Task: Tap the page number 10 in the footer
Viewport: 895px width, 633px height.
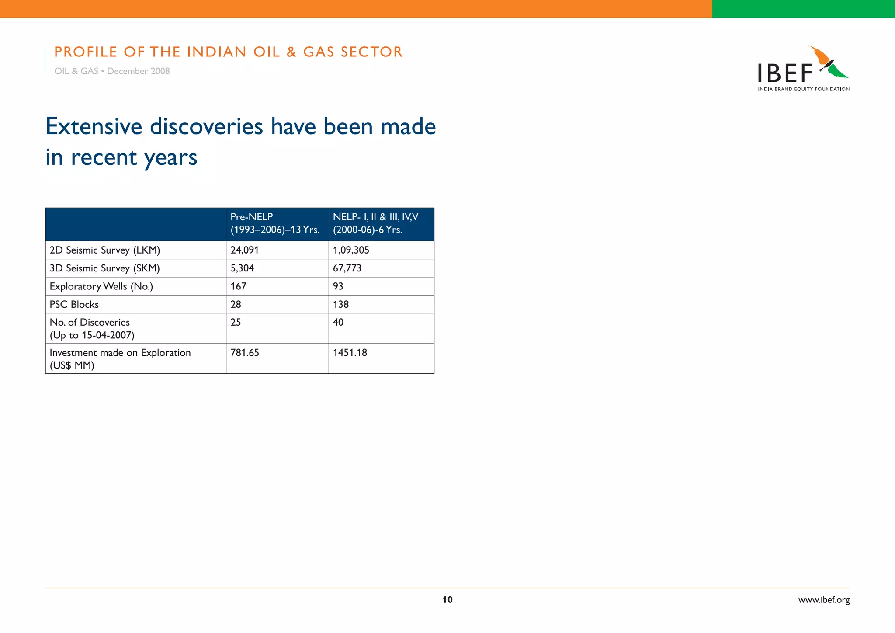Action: (x=447, y=599)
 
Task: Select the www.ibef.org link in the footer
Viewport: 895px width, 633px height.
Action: (x=824, y=600)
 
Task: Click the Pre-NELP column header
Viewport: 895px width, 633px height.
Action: (x=275, y=223)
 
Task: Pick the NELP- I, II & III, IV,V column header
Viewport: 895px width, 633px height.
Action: (x=375, y=223)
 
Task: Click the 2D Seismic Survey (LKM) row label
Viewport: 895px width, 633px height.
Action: (x=105, y=250)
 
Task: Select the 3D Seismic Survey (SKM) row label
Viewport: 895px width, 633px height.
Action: (x=105, y=268)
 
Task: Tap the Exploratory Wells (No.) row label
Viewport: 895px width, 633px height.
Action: (x=101, y=286)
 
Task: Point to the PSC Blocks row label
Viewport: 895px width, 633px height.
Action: (x=74, y=304)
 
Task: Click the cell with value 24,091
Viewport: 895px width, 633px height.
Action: (x=245, y=250)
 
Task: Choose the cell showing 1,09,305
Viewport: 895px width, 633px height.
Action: (x=351, y=250)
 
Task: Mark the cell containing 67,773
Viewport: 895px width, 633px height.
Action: (x=347, y=268)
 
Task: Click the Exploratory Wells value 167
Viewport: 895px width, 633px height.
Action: (x=239, y=286)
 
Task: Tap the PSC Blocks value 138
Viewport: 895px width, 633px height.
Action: (x=341, y=304)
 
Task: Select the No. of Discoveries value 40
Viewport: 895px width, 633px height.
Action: (x=338, y=322)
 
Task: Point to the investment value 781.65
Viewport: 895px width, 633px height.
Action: (x=245, y=352)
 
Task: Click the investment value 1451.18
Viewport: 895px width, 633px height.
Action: (x=350, y=352)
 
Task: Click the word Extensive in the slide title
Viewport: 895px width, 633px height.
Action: (x=94, y=127)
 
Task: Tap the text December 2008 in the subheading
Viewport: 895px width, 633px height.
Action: (x=138, y=71)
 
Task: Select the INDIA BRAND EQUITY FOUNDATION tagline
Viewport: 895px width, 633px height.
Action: (x=804, y=89)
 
